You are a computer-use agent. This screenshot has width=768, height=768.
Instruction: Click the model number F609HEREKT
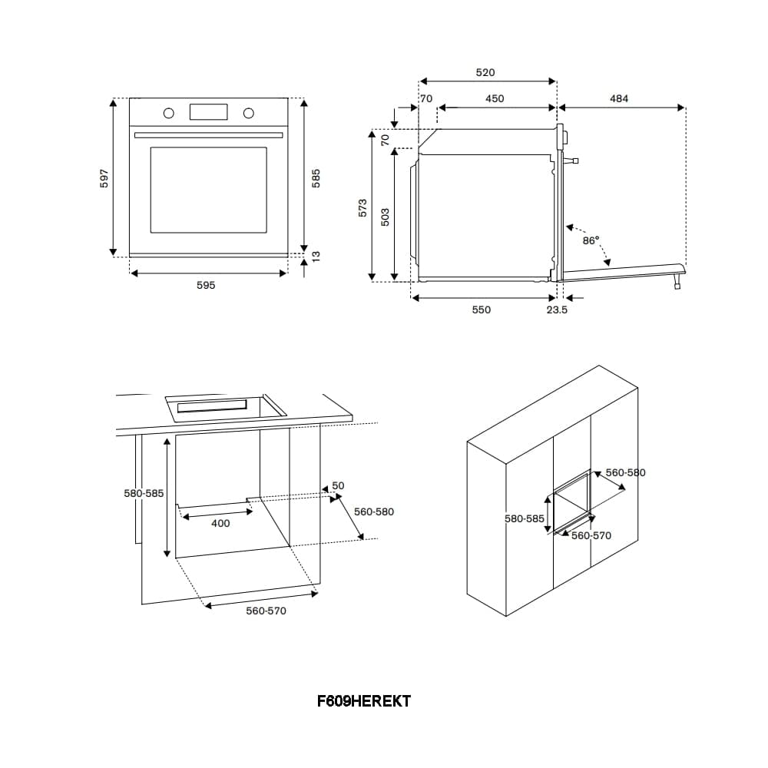click(364, 701)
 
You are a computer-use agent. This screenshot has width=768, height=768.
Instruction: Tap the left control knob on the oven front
click(168, 113)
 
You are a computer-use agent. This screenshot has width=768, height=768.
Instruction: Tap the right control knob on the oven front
click(249, 113)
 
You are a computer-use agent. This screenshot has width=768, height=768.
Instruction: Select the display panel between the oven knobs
click(209, 111)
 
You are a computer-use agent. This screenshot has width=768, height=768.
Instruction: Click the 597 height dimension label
click(104, 178)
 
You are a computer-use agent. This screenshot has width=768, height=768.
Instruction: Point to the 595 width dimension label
click(206, 285)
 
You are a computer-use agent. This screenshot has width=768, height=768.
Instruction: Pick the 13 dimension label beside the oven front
click(316, 256)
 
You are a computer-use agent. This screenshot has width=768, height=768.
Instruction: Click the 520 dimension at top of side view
click(485, 72)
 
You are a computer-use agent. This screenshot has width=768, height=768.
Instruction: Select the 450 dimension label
click(495, 98)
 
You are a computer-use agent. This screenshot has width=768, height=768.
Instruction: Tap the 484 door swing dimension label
click(618, 98)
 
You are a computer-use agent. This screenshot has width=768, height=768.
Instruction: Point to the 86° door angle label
click(591, 240)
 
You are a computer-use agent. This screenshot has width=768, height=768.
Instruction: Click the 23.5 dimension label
click(557, 310)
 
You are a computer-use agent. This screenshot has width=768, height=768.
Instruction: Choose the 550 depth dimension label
click(481, 310)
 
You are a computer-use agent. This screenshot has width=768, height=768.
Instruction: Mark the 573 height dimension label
click(362, 207)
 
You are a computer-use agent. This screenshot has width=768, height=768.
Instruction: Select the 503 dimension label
click(385, 217)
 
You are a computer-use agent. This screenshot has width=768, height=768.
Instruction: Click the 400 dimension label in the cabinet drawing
click(220, 523)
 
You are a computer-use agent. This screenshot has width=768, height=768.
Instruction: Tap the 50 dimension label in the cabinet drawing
click(338, 485)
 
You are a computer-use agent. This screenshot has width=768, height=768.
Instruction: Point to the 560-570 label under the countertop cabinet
click(266, 611)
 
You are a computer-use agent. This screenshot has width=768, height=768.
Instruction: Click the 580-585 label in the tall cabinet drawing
click(525, 518)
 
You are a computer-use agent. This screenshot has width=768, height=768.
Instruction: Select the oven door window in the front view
click(209, 190)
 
